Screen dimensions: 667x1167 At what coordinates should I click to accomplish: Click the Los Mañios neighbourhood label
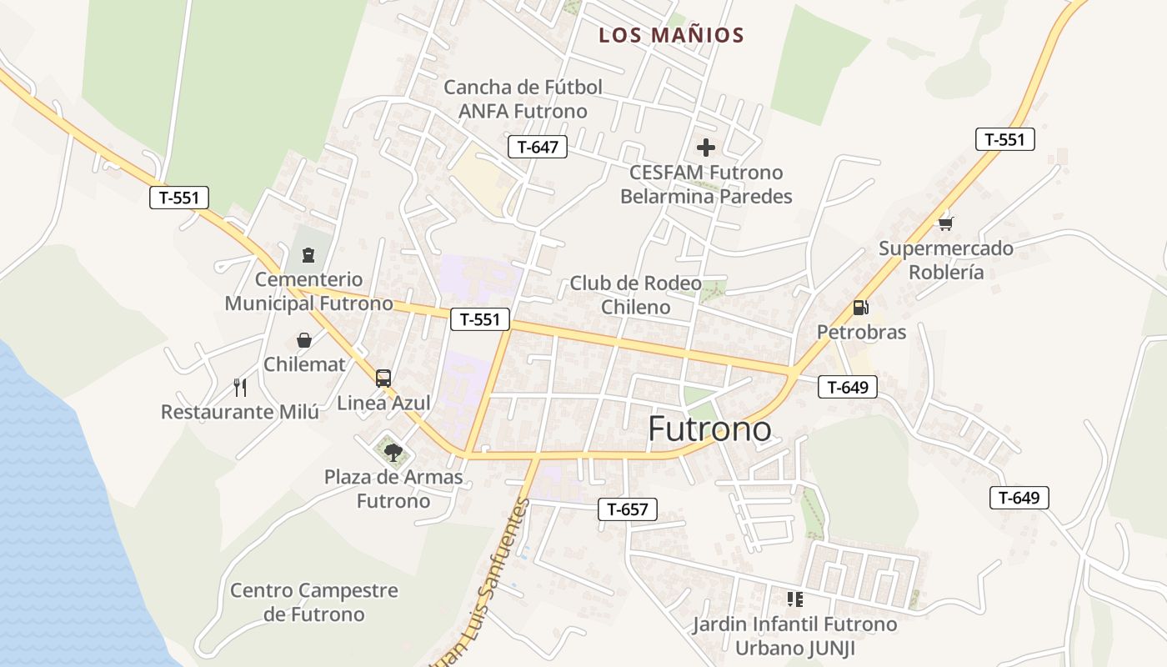pyautogui.click(x=671, y=35)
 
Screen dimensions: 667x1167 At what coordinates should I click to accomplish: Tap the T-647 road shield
pyautogui.click(x=537, y=148)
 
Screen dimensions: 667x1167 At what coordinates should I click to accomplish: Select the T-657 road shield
pyautogui.click(x=628, y=509)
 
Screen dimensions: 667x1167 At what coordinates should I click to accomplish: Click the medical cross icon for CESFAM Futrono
pyautogui.click(x=706, y=148)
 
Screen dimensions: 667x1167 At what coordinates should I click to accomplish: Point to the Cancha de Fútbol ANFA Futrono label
pyautogui.click(x=523, y=99)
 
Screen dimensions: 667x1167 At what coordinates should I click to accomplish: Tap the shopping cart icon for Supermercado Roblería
pyautogui.click(x=945, y=223)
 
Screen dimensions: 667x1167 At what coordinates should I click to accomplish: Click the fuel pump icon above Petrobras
pyautogui.click(x=860, y=308)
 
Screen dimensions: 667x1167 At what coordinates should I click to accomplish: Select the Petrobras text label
pyautogui.click(x=861, y=332)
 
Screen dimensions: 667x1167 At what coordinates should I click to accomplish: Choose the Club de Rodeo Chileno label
pyautogui.click(x=635, y=295)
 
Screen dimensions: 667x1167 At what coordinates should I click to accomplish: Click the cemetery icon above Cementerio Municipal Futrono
pyautogui.click(x=308, y=254)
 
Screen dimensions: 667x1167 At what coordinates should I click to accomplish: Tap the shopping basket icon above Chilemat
pyautogui.click(x=304, y=340)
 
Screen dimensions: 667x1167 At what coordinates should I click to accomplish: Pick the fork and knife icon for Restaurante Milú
pyautogui.click(x=240, y=387)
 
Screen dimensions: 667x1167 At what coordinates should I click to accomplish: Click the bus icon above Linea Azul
pyautogui.click(x=383, y=379)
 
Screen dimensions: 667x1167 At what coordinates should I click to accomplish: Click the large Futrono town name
pyautogui.click(x=709, y=429)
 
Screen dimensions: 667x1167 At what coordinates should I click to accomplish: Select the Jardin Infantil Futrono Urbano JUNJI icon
pyautogui.click(x=794, y=599)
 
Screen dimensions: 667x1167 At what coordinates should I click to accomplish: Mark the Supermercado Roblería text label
pyautogui.click(x=946, y=260)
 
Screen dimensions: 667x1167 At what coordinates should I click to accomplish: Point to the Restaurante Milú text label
pyautogui.click(x=240, y=412)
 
